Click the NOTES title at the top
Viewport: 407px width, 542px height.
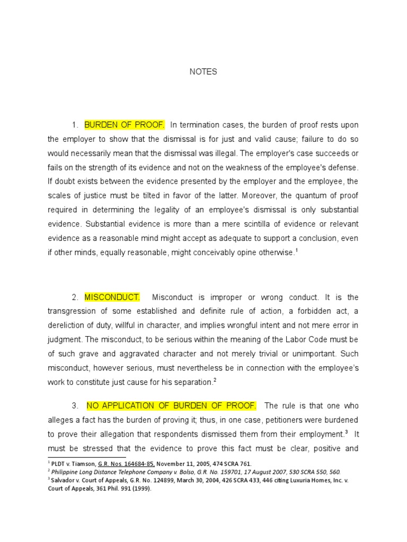coord(203,72)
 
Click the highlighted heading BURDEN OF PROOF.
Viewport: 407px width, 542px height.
coord(125,125)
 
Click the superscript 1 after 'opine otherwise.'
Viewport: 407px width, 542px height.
coord(297,250)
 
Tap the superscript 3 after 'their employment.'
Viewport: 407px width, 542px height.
coord(347,432)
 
